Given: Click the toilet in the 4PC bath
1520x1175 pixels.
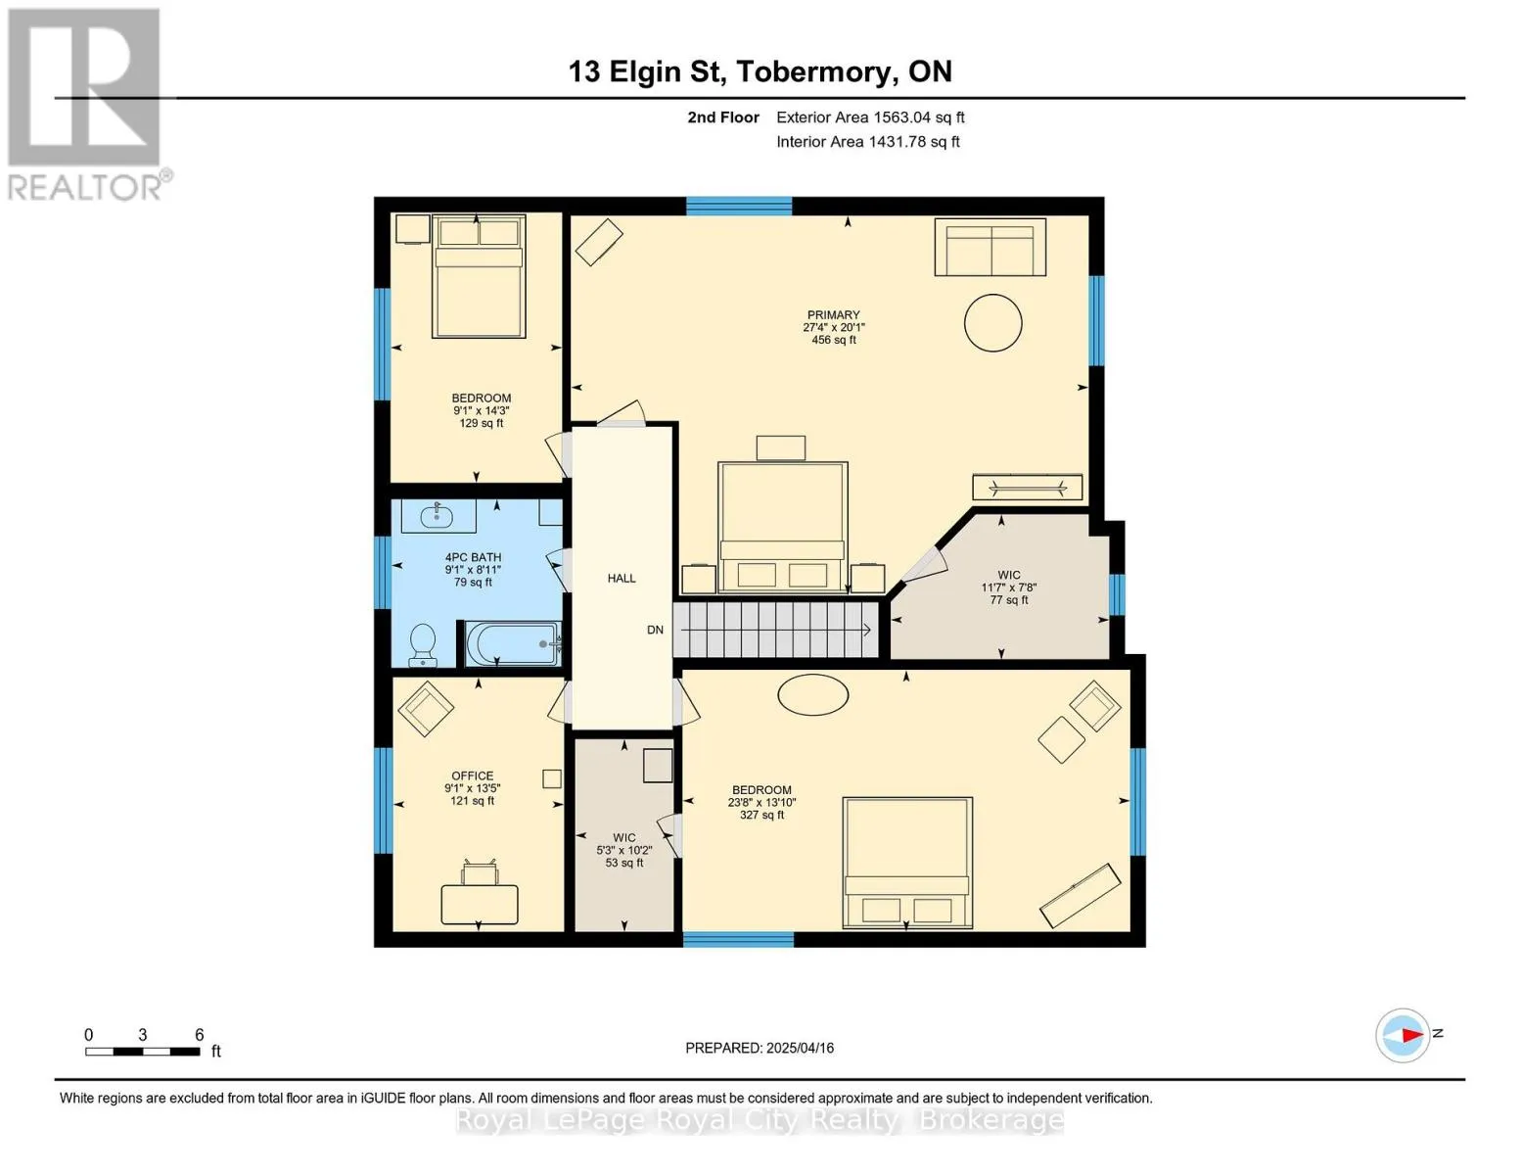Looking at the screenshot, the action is (x=423, y=644).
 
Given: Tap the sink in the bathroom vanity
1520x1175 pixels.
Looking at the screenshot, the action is (x=438, y=516).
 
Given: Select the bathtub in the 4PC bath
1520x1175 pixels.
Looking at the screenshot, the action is (x=514, y=644).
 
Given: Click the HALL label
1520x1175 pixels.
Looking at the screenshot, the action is (x=622, y=578).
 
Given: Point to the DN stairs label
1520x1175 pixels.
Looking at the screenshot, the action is (x=655, y=630).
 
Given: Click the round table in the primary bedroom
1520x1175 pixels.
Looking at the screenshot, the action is (x=992, y=322).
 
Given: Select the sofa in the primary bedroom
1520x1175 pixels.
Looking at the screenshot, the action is (x=990, y=247).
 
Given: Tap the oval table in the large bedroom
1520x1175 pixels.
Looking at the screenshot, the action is (x=812, y=694).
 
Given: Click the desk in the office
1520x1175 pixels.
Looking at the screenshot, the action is (x=480, y=904).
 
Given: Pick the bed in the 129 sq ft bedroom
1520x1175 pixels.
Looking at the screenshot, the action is (x=479, y=276).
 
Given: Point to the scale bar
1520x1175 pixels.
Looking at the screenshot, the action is (x=143, y=1051).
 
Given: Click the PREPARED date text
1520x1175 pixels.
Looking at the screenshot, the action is (x=760, y=1048).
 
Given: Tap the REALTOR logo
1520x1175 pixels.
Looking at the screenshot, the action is (x=85, y=105).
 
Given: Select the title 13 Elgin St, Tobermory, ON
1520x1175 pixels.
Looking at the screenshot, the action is (x=760, y=71).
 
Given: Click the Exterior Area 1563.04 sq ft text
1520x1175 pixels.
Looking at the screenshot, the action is (x=870, y=117).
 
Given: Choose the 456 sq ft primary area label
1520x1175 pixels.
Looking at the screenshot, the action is (x=833, y=340).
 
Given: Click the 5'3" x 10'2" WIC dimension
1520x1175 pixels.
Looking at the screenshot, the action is (x=623, y=850).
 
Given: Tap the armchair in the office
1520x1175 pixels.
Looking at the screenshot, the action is (x=426, y=708).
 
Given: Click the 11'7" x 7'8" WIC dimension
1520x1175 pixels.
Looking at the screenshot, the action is (x=1009, y=587).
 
